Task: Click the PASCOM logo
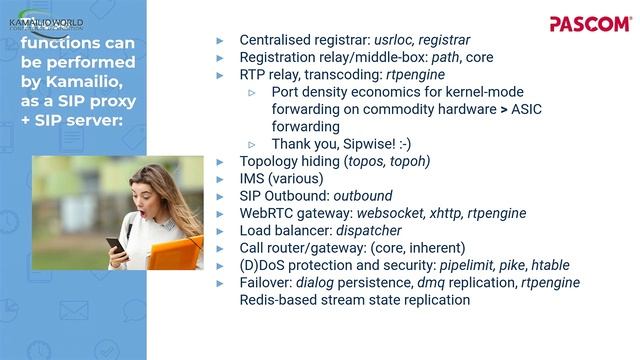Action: [x=590, y=23]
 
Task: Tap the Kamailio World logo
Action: [x=46, y=23]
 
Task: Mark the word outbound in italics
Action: [x=363, y=196]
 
